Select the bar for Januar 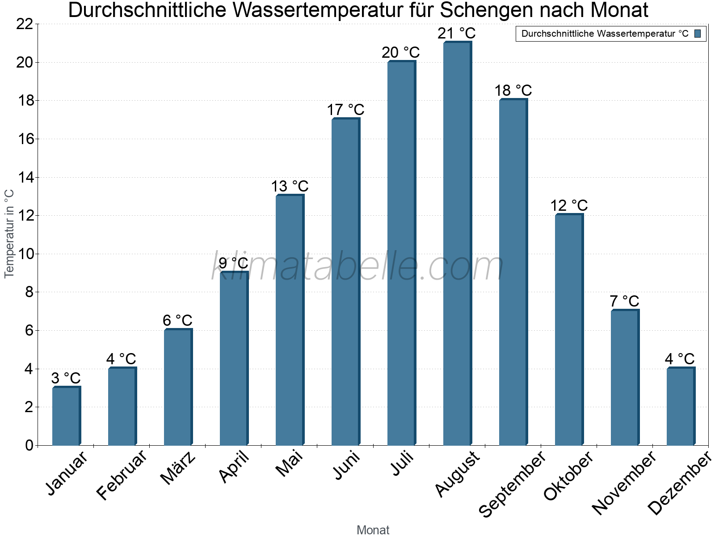pos(66,416)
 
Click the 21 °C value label pos(457,34)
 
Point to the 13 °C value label pos(290,187)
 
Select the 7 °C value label pos(624,301)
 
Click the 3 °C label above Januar pos(66,378)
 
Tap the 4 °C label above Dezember pos(680,359)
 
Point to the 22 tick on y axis pos(25,24)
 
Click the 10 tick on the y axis pos(25,254)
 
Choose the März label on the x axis pos(178,468)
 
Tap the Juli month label pos(403,464)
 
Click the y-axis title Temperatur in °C pos(9,234)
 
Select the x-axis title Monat pos(373,530)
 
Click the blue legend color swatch pos(698,34)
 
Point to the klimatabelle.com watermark pos(357,267)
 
